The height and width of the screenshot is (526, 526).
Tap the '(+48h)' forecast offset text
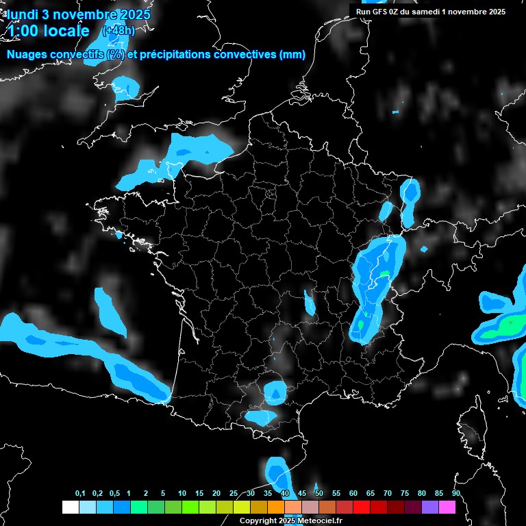click(118, 31)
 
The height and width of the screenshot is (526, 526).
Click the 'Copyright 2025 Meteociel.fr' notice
click(290, 521)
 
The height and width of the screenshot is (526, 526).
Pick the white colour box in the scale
click(70, 507)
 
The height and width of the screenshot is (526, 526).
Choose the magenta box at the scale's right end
click(447, 507)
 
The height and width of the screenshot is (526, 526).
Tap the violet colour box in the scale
click(430, 507)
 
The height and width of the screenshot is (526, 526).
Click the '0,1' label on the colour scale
click(80, 494)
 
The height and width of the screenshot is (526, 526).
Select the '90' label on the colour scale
click(456, 494)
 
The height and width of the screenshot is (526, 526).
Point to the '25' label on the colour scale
click(234, 494)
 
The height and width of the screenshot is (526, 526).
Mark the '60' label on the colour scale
click(353, 494)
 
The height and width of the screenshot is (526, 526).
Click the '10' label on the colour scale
click(182, 494)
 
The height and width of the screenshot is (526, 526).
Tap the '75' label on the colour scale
click(405, 494)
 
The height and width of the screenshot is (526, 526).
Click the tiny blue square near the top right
click(395, 112)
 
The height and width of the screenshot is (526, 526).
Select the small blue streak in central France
click(310, 302)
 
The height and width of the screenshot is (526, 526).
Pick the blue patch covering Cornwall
click(126, 87)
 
